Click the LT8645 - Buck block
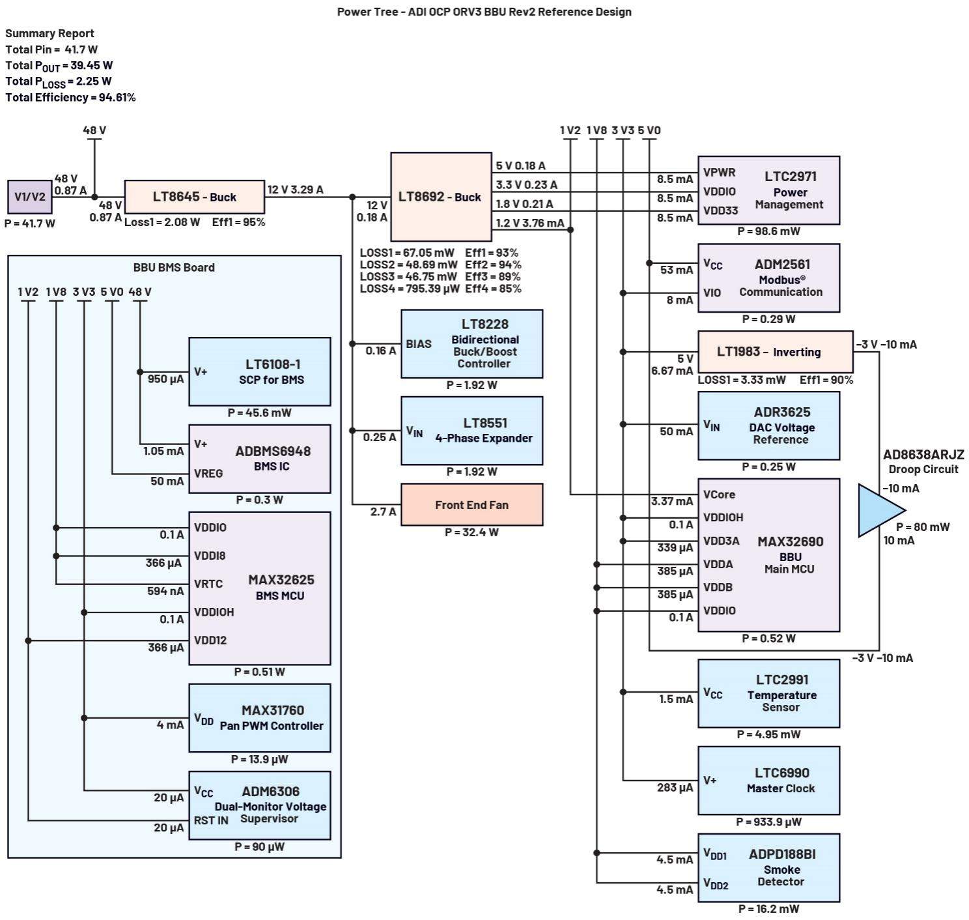194,197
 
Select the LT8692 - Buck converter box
441,197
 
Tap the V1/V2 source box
30,197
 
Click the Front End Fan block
471,504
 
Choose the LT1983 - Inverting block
775,352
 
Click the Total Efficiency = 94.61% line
70,97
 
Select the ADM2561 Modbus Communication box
768,278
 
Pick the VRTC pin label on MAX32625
208,584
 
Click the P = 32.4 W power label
471,532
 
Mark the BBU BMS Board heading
174,267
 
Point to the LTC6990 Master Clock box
768,781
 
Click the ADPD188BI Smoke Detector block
768,867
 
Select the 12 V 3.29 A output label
295,190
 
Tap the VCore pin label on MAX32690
719,495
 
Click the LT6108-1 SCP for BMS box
259,371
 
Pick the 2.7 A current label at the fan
383,512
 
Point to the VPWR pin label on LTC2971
719,173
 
